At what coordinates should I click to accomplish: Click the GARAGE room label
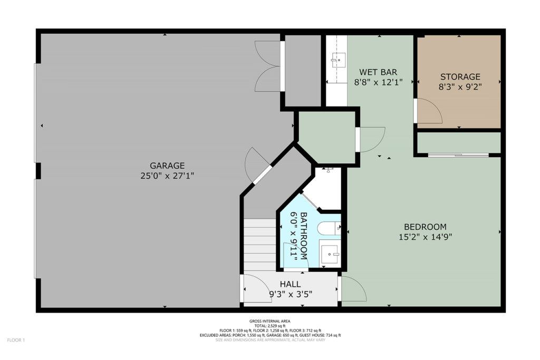(x=167, y=166)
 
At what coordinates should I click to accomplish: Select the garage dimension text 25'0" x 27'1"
(x=167, y=176)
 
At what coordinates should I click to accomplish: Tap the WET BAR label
(x=378, y=72)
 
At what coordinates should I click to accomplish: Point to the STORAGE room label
(x=460, y=76)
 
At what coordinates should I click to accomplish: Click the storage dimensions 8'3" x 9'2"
(x=460, y=87)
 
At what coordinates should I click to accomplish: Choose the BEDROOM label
(x=426, y=227)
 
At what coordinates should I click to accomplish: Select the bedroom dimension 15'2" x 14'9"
(x=426, y=237)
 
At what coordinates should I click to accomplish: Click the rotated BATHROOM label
(x=304, y=236)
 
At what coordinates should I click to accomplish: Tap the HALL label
(x=291, y=284)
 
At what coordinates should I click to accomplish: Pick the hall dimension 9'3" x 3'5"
(x=291, y=294)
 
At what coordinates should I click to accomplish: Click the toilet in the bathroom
(x=329, y=228)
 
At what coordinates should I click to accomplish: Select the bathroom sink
(x=330, y=255)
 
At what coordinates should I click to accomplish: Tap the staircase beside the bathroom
(x=260, y=245)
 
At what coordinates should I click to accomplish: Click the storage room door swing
(x=428, y=111)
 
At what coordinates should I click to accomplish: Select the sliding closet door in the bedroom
(x=458, y=155)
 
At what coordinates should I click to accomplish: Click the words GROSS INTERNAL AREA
(x=270, y=321)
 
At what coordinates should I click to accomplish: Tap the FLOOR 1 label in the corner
(x=16, y=340)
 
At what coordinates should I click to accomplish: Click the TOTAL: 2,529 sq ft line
(x=270, y=326)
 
